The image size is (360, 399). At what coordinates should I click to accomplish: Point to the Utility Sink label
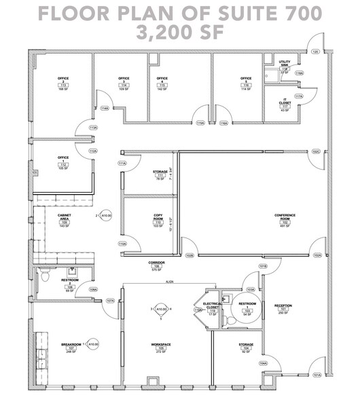point(285,63)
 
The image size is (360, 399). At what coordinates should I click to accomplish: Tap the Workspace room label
point(160,345)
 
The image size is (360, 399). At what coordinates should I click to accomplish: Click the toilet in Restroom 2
point(44,278)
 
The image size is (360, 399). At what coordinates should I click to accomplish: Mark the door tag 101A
point(316,375)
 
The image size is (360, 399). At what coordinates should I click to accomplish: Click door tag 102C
point(316,151)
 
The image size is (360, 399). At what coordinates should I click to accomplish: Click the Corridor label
point(157,263)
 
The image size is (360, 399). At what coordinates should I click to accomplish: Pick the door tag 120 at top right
point(315,52)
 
